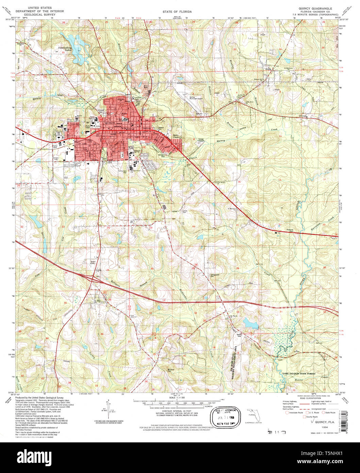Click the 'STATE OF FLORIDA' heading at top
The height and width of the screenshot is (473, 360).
pos(177,12)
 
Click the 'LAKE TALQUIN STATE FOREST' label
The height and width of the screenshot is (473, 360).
pos(299,374)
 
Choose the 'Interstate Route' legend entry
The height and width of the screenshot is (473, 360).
pos(294,412)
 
